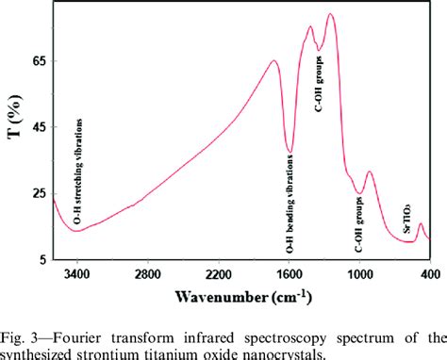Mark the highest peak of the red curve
point(330,14)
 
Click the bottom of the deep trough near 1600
point(290,150)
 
